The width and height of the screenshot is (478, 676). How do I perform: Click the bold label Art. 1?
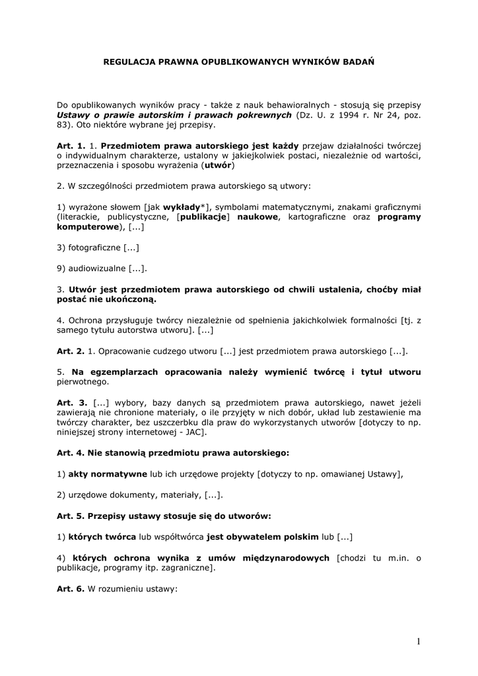click(x=71, y=145)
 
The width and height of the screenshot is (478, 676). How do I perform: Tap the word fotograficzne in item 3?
click(x=94, y=248)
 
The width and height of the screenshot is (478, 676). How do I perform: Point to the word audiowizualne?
click(x=97, y=268)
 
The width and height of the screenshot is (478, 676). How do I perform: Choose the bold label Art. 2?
click(x=71, y=351)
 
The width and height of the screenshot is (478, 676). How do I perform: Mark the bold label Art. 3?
click(x=72, y=402)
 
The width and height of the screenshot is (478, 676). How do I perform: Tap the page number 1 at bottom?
click(x=419, y=641)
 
